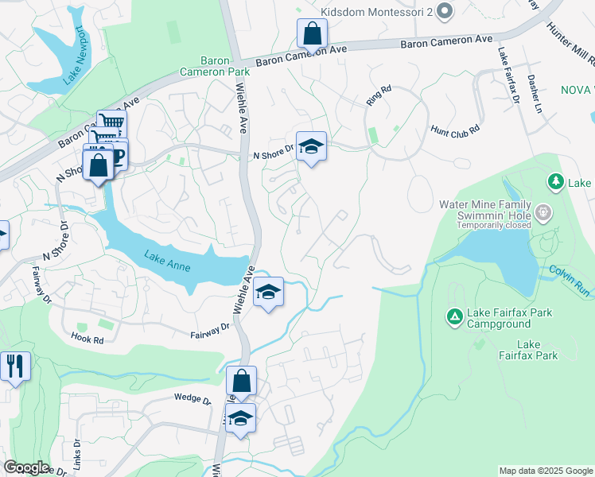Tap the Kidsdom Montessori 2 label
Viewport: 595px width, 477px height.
(x=378, y=12)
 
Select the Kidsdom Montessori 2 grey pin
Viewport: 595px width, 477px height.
(x=445, y=11)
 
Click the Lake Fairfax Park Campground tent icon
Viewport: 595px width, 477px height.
(x=454, y=318)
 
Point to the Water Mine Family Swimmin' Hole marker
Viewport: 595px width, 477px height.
(x=543, y=212)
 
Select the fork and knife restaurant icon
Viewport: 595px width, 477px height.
(x=14, y=366)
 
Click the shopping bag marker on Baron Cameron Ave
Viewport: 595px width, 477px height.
(x=312, y=34)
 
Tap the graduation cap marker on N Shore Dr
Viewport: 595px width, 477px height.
(x=311, y=146)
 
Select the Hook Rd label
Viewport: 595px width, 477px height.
(x=87, y=339)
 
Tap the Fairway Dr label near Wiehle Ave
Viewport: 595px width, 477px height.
(x=210, y=331)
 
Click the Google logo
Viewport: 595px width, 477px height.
(x=26, y=467)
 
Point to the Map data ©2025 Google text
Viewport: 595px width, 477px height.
(x=545, y=471)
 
